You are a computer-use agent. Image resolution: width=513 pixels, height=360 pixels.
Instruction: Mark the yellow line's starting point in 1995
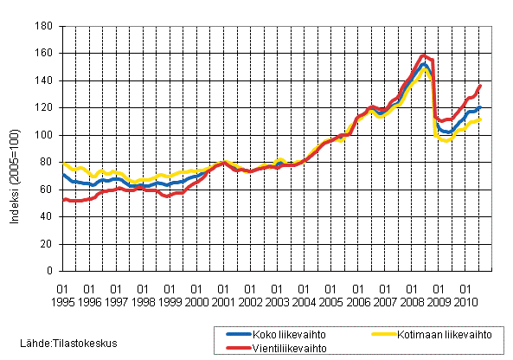(63, 162)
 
